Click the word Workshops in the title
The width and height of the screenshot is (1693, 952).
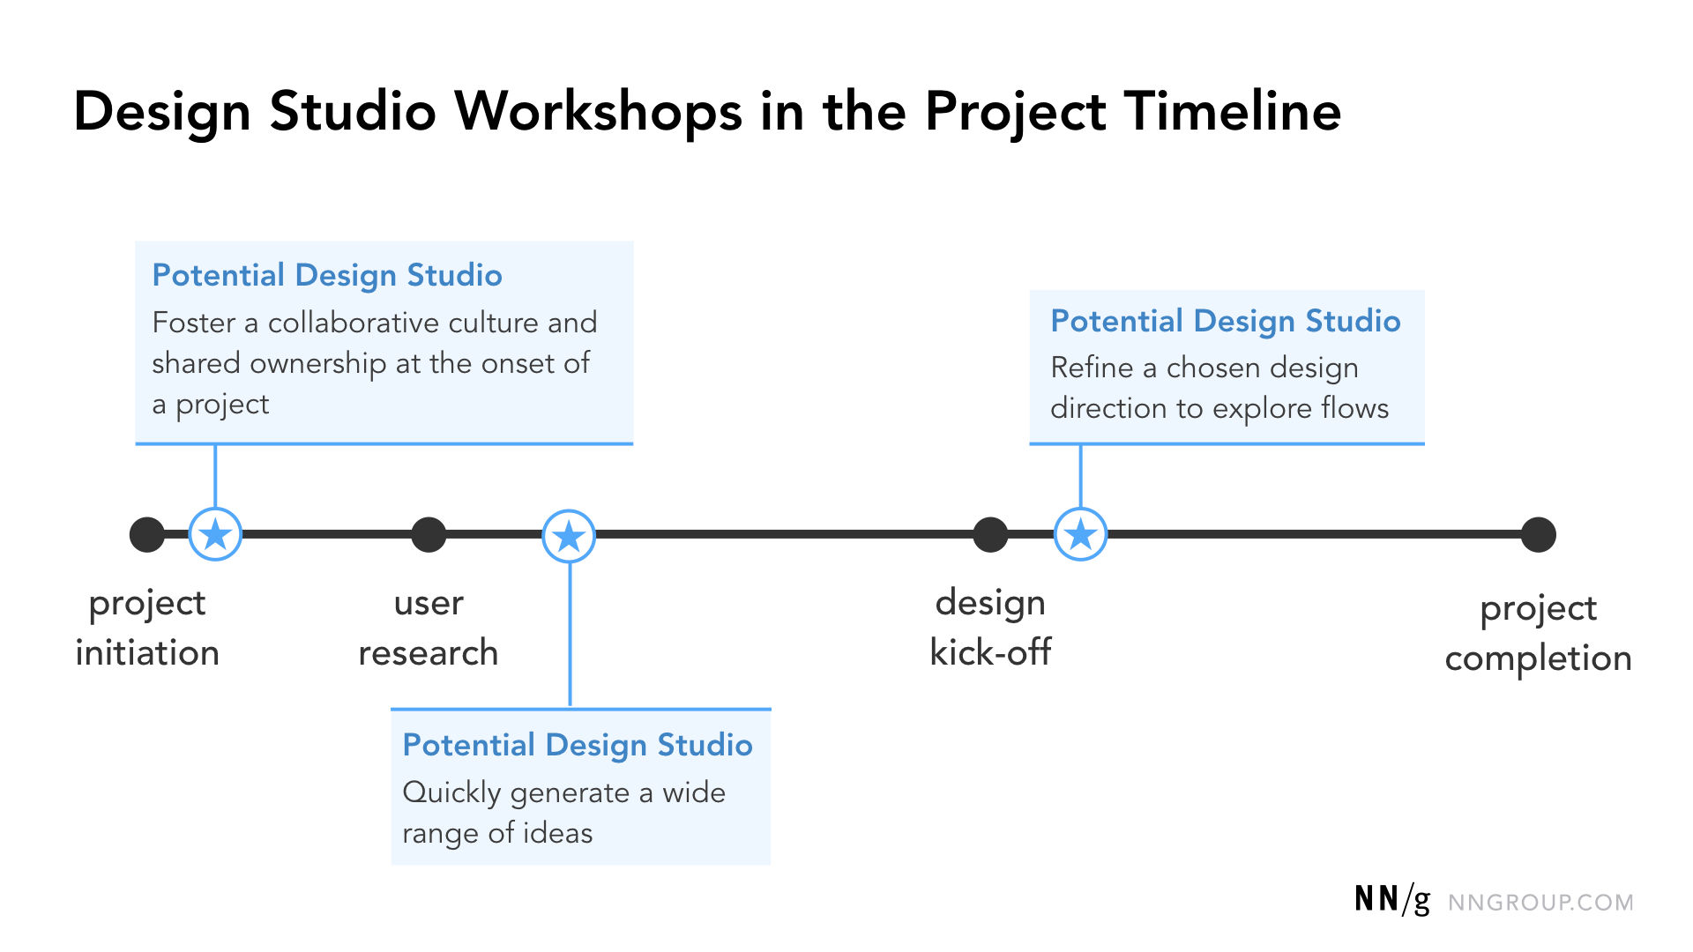click(x=598, y=113)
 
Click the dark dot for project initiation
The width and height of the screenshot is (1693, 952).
click(x=147, y=535)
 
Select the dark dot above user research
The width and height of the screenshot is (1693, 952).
click(x=429, y=535)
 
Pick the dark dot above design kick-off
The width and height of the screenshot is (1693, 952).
click(x=990, y=535)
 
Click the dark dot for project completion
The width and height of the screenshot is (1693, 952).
click(x=1538, y=535)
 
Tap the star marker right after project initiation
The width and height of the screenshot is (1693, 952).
click(x=215, y=535)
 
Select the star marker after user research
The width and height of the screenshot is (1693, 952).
click(x=569, y=536)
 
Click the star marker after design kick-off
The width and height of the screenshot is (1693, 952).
click(x=1080, y=535)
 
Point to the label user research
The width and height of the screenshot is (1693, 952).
click(x=429, y=628)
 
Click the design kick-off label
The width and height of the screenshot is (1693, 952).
click(x=990, y=628)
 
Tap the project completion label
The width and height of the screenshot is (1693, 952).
click(x=1538, y=633)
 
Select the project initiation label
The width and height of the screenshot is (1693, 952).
click(x=147, y=628)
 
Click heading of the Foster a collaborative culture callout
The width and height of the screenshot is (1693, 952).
click(x=327, y=275)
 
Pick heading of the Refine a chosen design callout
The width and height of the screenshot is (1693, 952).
click(x=1225, y=321)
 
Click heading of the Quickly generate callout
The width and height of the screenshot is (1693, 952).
click(x=578, y=745)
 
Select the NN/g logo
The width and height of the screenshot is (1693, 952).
click(x=1392, y=900)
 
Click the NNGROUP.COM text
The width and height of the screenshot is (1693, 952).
click(x=1540, y=903)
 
